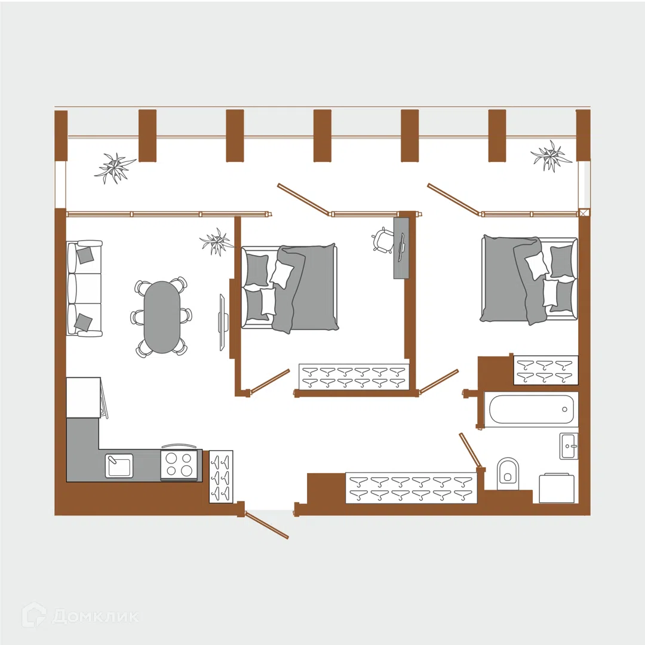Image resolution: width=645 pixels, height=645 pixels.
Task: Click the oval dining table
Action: coord(162,317)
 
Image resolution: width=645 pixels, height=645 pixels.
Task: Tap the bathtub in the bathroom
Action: coord(531,410)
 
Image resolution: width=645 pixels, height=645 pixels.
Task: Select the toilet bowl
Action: coord(508,474)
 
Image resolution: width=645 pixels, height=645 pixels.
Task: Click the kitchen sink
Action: coord(119,465)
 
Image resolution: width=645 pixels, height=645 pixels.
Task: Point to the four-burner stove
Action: coord(179,465)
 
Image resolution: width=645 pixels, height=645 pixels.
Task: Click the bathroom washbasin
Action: coord(569,446)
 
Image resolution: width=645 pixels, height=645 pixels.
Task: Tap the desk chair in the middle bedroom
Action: coord(382,239)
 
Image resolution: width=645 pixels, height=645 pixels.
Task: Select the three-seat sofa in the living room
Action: coord(84,289)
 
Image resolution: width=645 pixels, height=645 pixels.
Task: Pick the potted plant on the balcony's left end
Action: coord(115,168)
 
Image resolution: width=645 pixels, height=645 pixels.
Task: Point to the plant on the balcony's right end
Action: coord(551,155)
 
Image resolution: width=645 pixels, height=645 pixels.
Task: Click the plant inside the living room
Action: coord(216,242)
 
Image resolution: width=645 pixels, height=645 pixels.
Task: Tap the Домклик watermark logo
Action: coord(80,616)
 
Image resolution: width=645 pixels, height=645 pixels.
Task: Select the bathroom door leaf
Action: coord(469,450)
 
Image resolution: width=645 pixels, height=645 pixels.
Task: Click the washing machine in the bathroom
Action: coord(557,489)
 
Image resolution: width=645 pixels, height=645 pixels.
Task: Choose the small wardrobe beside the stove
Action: coord(221,477)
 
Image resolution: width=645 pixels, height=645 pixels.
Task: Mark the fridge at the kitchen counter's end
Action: coord(84,398)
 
